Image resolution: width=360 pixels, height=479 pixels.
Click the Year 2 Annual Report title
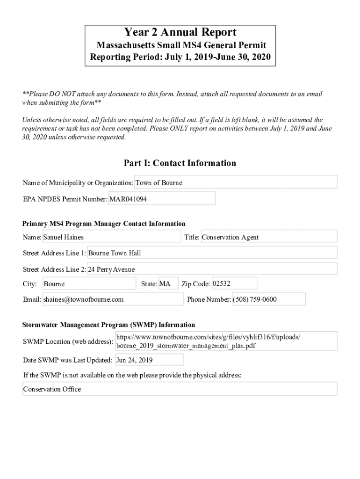(x=180, y=32)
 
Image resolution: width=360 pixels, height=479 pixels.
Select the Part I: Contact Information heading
(x=180, y=163)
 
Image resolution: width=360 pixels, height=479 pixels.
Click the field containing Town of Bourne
(x=236, y=182)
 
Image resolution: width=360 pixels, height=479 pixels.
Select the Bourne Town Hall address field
(x=212, y=253)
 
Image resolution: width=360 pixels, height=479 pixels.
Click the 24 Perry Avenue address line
(x=212, y=269)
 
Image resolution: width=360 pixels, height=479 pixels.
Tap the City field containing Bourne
(x=89, y=284)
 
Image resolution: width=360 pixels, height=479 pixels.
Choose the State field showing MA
(x=168, y=283)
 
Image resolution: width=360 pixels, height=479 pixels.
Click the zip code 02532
(x=234, y=283)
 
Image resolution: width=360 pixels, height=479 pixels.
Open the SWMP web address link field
(x=226, y=341)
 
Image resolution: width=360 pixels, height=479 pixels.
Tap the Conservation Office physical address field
(x=180, y=389)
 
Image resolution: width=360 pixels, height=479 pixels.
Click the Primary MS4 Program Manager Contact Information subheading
(x=104, y=224)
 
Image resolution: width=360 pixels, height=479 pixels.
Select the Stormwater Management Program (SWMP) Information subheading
(x=109, y=325)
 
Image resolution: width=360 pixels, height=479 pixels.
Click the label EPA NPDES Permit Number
(x=65, y=199)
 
